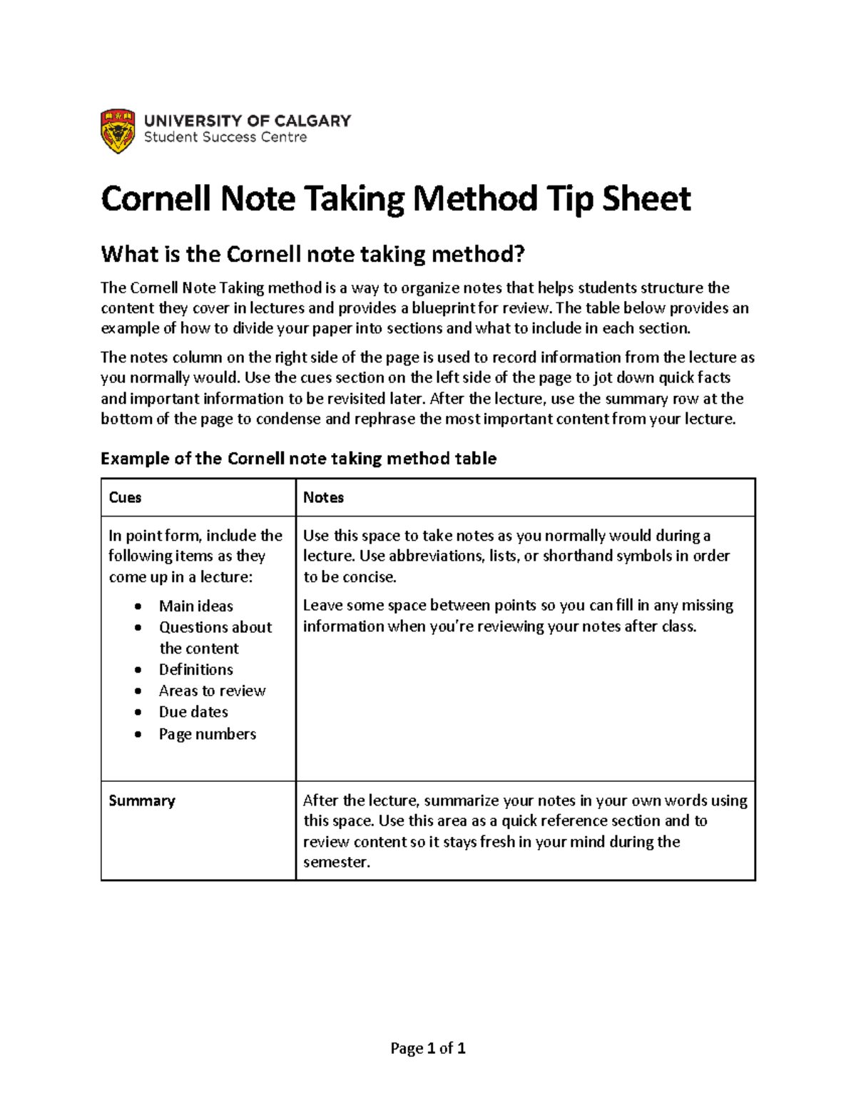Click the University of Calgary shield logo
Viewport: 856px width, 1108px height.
[118, 131]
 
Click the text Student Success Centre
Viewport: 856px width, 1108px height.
[225, 137]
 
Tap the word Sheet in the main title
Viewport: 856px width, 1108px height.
[646, 198]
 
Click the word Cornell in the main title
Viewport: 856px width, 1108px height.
[156, 198]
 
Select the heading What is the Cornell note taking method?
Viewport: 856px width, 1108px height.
[312, 254]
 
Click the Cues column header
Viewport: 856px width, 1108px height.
[125, 497]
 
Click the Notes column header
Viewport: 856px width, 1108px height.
[323, 497]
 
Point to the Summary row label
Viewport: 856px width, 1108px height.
[141, 800]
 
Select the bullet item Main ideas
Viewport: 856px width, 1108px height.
[195, 606]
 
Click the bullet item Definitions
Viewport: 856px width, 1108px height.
[195, 669]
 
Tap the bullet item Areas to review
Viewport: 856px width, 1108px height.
[212, 691]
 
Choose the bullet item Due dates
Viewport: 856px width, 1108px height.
[193, 712]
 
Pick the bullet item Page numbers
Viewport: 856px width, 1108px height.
[207, 733]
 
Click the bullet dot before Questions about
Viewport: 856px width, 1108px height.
[138, 628]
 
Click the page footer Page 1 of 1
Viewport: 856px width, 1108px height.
[428, 1048]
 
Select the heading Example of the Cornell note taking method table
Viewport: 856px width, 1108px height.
[298, 458]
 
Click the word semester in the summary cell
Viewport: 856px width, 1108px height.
[335, 862]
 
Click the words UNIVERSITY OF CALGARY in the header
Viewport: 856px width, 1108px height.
[248, 121]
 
